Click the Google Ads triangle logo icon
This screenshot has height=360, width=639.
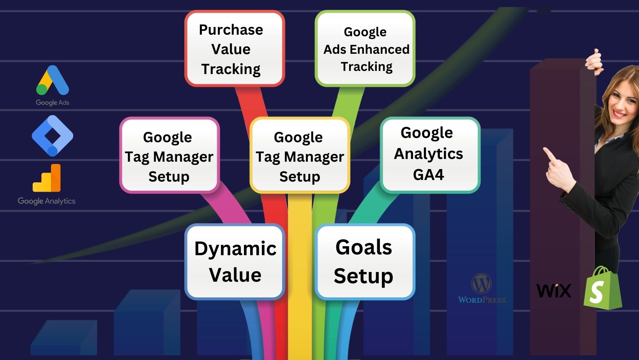(53, 80)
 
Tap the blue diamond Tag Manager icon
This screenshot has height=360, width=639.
(53, 136)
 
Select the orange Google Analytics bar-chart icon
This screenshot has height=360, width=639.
(47, 178)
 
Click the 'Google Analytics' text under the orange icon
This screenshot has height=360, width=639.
(46, 201)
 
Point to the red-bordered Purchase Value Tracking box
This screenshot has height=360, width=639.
(235, 48)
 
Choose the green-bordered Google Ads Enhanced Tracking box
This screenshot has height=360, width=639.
(365, 48)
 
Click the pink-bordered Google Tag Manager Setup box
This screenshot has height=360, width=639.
(169, 155)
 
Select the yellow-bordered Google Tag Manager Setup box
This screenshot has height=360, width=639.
(300, 155)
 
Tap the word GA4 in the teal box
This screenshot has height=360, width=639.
(428, 175)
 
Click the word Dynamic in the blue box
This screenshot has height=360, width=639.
(235, 249)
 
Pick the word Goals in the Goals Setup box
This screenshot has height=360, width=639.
(364, 247)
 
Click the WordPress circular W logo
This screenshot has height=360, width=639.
(482, 284)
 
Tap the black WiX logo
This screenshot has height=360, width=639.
(554, 291)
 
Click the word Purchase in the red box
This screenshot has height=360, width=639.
(231, 30)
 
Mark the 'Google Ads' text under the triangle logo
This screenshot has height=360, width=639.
(53, 102)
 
